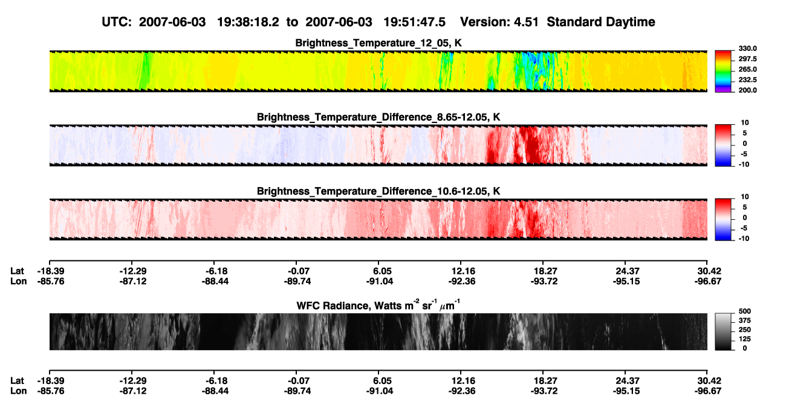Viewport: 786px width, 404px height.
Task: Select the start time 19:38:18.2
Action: (248, 22)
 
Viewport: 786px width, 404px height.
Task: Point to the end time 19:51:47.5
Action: (414, 22)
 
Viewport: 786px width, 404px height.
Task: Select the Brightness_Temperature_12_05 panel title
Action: (378, 43)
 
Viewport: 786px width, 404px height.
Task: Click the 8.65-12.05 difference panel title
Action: (378, 117)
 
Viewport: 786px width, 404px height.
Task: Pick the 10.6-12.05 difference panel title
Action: (378, 191)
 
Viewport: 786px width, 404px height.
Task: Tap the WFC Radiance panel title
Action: (378, 305)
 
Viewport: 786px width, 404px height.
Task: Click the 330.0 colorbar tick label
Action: (747, 48)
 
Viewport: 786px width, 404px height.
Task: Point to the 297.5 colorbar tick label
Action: (747, 59)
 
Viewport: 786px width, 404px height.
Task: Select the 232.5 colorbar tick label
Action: (747, 80)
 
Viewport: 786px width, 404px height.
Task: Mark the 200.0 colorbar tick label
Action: (747, 90)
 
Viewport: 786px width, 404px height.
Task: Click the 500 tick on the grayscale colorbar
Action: (745, 311)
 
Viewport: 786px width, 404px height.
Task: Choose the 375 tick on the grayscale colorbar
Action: (745, 320)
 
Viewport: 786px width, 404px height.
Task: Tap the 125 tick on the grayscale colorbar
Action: (745, 339)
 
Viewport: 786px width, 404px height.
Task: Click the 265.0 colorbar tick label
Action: (747, 69)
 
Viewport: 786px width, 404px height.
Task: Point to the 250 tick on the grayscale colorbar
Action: (745, 330)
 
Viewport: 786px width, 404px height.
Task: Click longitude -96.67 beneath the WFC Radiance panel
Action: (708, 391)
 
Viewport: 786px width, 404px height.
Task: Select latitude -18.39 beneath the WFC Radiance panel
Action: (51, 381)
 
